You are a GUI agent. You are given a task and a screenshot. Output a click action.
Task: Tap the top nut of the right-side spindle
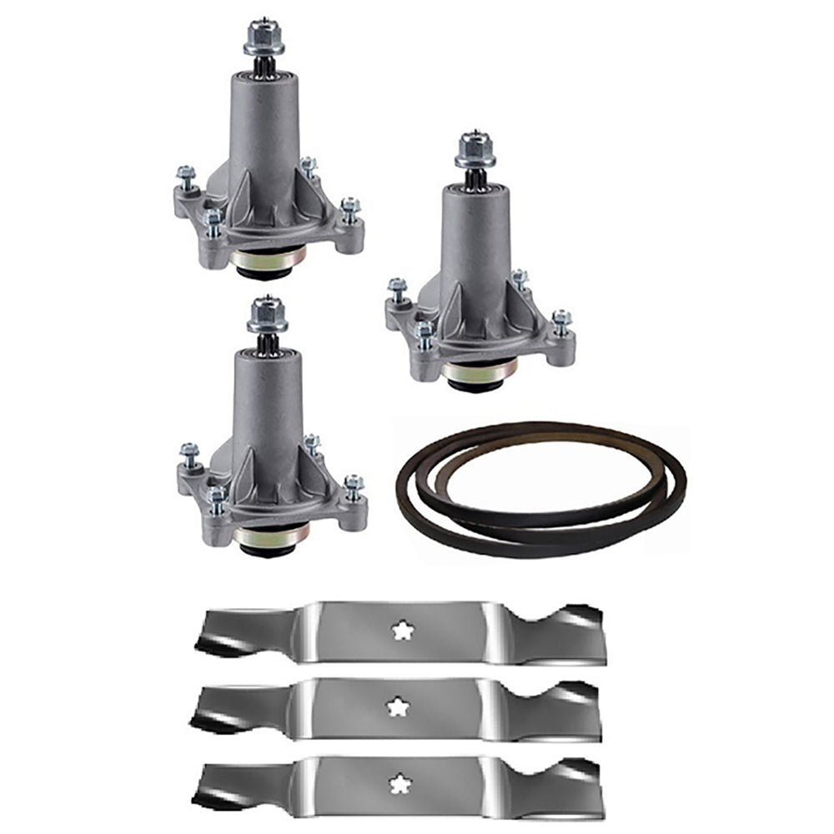click(475, 151)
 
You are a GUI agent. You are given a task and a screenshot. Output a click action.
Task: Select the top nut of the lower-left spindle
click(267, 315)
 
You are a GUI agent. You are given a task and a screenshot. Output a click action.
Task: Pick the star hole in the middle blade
click(394, 706)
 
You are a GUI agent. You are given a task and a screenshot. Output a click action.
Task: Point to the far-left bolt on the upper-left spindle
click(184, 178)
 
